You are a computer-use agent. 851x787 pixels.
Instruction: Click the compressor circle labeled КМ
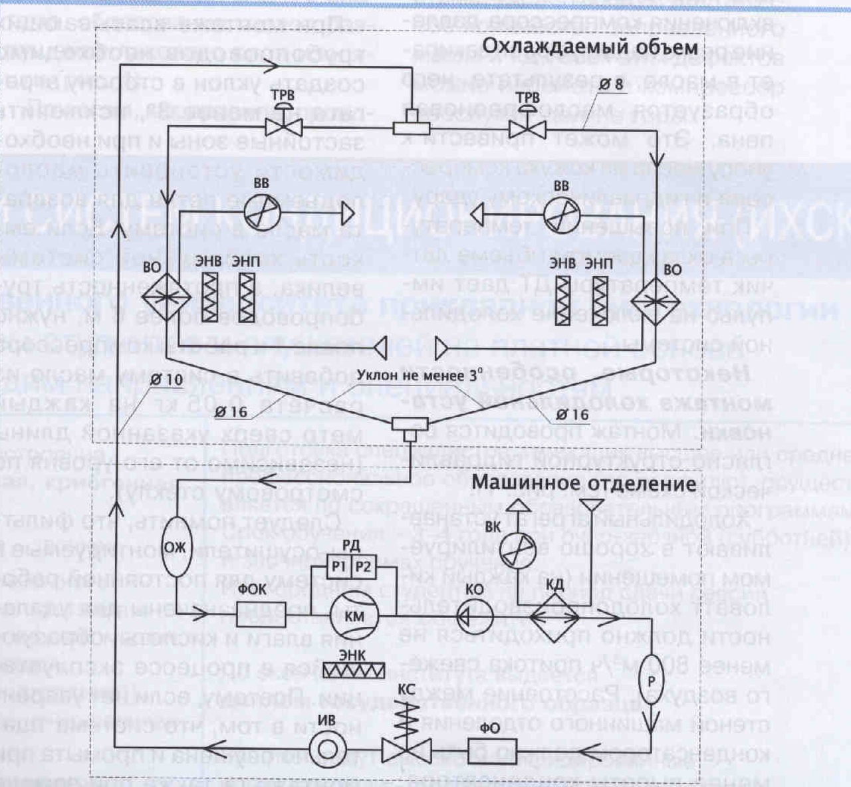[354, 615]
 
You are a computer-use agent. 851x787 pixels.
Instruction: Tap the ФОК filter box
[262, 615]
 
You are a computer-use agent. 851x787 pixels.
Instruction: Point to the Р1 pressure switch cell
[339, 567]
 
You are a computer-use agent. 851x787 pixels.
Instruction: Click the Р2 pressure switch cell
[363, 567]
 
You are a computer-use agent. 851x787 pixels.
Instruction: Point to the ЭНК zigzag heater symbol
[352, 670]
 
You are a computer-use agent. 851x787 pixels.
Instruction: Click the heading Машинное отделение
[583, 483]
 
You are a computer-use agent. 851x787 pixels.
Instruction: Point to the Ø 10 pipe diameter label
[166, 379]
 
